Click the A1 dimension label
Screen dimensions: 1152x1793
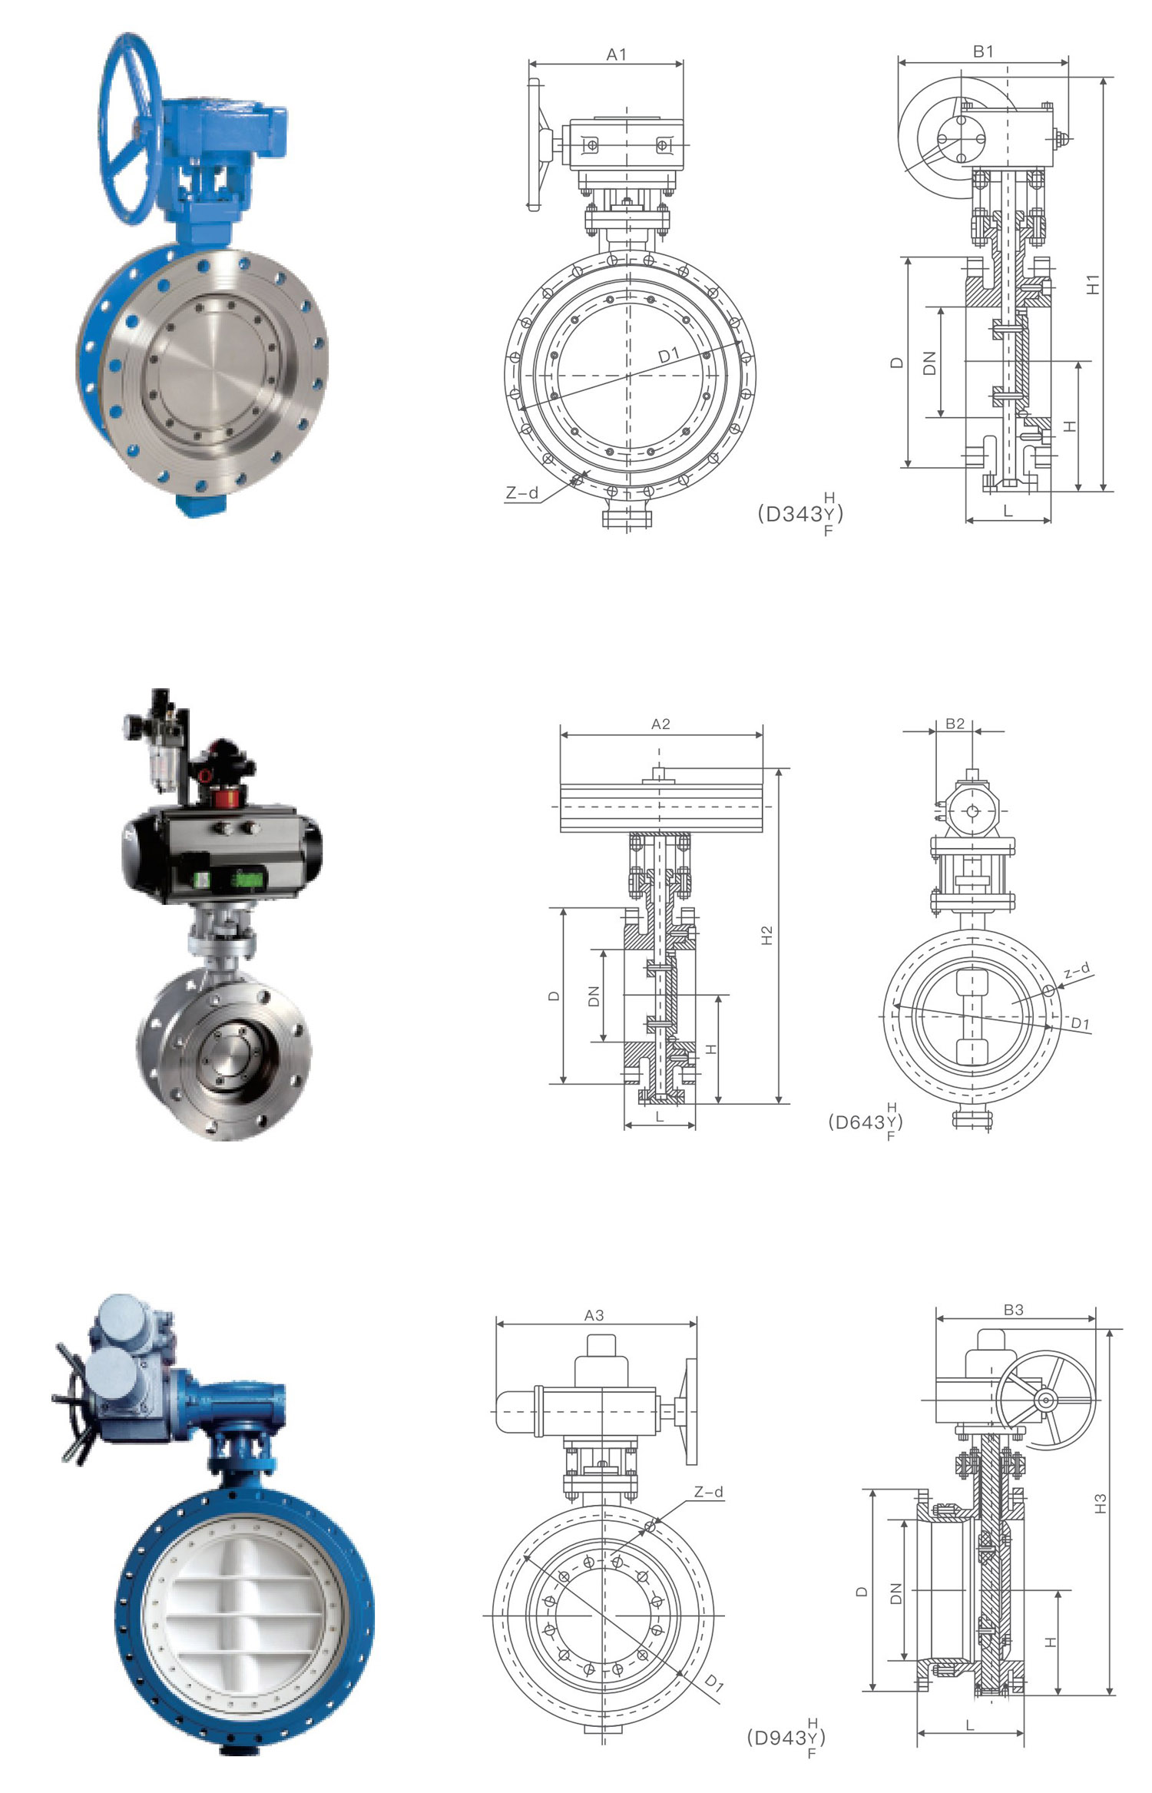point(617,54)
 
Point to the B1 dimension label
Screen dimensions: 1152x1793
point(983,51)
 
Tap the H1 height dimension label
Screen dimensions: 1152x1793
point(1093,283)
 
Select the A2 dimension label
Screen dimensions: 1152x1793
point(660,724)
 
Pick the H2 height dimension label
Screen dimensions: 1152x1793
point(766,936)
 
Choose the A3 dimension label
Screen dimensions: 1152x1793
point(594,1315)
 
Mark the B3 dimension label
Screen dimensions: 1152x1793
point(1014,1310)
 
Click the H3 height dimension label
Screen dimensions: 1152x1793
point(1101,1503)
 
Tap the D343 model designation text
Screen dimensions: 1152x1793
point(800,514)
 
